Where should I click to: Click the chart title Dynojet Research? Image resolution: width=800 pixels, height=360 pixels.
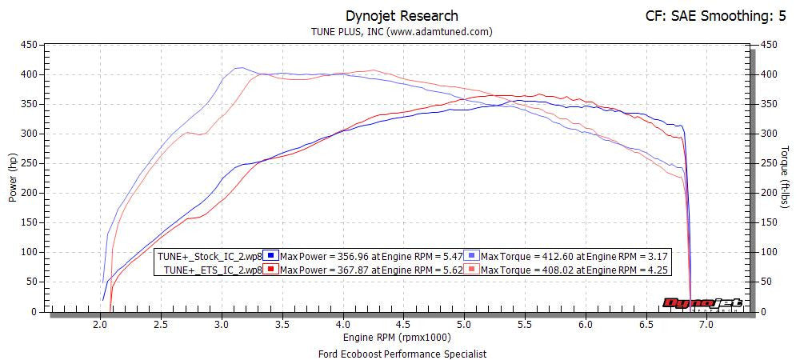tap(402, 15)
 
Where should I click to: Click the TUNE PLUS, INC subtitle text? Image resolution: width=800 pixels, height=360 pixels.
tap(401, 32)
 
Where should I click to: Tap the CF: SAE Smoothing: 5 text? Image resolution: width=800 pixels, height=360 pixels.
tap(714, 15)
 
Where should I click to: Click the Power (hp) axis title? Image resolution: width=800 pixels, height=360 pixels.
tap(13, 178)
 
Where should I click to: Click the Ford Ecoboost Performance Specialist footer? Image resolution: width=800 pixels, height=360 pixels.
tap(401, 353)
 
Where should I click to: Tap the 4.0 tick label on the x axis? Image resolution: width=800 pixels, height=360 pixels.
tap(343, 325)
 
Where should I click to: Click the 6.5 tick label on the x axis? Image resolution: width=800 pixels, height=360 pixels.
tap(646, 325)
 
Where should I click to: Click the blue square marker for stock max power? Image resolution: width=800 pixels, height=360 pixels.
tap(271, 255)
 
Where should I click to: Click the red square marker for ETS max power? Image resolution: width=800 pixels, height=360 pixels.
tap(271, 270)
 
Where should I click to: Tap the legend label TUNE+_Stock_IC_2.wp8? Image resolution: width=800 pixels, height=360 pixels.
tap(210, 255)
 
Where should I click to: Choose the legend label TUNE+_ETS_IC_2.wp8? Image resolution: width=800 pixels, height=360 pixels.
tap(213, 270)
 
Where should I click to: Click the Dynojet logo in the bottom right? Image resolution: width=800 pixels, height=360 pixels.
tap(702, 303)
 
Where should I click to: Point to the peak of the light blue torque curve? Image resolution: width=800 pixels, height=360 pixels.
tap(238, 68)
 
